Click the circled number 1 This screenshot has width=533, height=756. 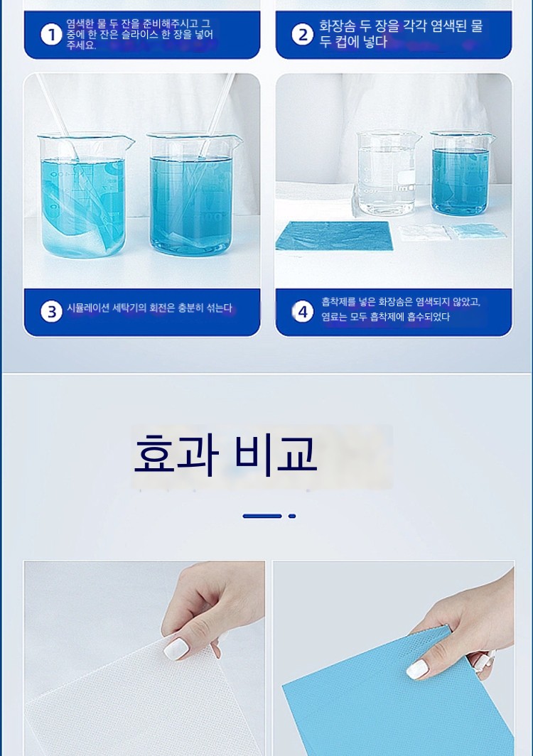pyautogui.click(x=51, y=35)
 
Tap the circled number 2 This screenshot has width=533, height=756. pyautogui.click(x=303, y=34)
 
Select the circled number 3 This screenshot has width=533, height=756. pyautogui.click(x=51, y=311)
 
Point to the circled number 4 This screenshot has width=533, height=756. pyautogui.click(x=303, y=311)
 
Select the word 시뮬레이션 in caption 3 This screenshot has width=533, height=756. pyautogui.click(x=88, y=308)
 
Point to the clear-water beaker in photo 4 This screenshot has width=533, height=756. pyautogui.click(x=387, y=173)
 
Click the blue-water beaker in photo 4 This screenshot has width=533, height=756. pyautogui.click(x=461, y=173)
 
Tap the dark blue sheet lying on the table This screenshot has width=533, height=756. pyautogui.click(x=334, y=236)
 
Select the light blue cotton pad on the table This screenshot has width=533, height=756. pyautogui.click(x=478, y=232)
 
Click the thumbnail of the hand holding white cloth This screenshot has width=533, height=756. pyautogui.click(x=144, y=658)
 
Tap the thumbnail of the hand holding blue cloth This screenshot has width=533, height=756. pyautogui.click(x=394, y=658)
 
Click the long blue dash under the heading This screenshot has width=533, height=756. pyautogui.click(x=262, y=516)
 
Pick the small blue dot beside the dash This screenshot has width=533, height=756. pyautogui.click(x=292, y=516)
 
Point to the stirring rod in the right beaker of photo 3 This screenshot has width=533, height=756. pyautogui.click(x=217, y=116)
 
